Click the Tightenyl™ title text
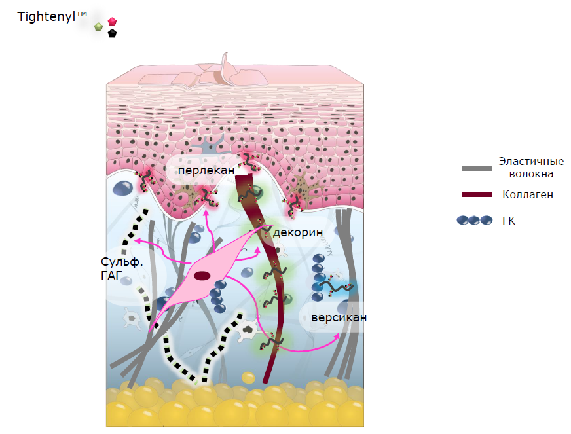click(x=52, y=17)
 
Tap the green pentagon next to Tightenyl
click(x=98, y=27)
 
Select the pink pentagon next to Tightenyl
click(x=112, y=21)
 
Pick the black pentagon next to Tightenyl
click(x=112, y=33)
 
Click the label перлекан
click(x=206, y=170)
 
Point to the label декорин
click(x=298, y=232)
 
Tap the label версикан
click(x=339, y=317)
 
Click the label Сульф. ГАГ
click(x=122, y=268)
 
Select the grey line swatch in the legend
click(x=477, y=168)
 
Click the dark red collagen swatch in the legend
click(x=477, y=194)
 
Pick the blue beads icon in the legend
click(x=475, y=221)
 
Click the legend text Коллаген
click(x=528, y=195)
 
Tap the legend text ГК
click(x=509, y=221)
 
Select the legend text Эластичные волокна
click(x=531, y=168)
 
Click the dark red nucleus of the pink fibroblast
click(x=202, y=276)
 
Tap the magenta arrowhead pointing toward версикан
click(x=337, y=336)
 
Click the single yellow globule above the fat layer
click(x=248, y=378)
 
